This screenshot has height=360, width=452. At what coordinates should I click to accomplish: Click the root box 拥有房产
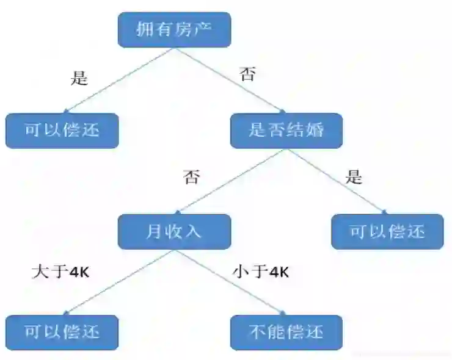[174, 29]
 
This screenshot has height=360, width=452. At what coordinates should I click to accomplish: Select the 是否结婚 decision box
[286, 130]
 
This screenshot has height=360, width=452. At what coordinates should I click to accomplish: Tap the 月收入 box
[174, 231]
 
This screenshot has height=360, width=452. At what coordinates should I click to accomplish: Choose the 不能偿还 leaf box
[286, 332]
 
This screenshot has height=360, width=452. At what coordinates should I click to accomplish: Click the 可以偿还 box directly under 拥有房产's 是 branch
[62, 130]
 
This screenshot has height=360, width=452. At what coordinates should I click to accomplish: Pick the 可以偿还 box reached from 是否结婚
[387, 231]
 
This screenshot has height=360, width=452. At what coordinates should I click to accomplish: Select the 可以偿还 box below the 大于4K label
[62, 332]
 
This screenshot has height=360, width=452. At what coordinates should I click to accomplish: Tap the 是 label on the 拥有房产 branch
[80, 79]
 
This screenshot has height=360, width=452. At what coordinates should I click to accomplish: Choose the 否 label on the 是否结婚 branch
[191, 178]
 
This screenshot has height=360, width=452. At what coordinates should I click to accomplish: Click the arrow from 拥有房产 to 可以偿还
[119, 80]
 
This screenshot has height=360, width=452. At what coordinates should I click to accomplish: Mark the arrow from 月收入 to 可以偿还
[119, 282]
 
